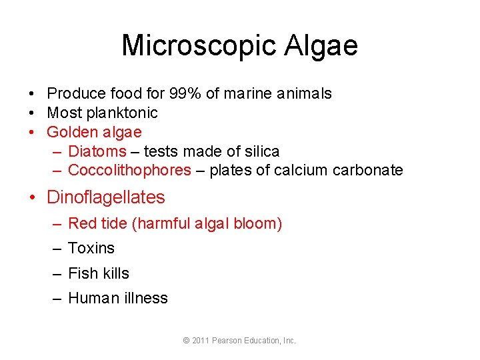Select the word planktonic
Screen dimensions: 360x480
[x=125, y=113]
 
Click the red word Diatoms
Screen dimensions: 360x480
[x=97, y=151]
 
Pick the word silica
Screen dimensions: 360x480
[x=259, y=151]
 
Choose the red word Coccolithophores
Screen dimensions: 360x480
[x=129, y=170]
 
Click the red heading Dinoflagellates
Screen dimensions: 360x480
[x=105, y=197]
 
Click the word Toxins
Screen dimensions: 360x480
[x=91, y=248]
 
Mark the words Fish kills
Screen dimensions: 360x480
[x=99, y=273]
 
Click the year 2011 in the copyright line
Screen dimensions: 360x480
[x=200, y=341]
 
